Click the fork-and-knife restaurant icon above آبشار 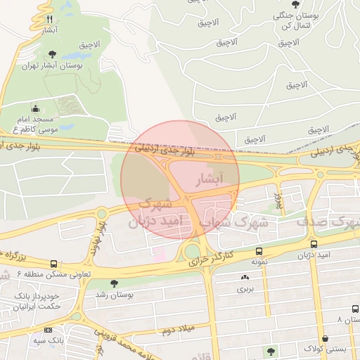[x=49, y=20]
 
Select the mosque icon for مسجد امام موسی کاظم [x=36, y=108]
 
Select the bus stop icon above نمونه [x=259, y=251]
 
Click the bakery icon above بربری [x=244, y=278]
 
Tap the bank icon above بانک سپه [x=48, y=330]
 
